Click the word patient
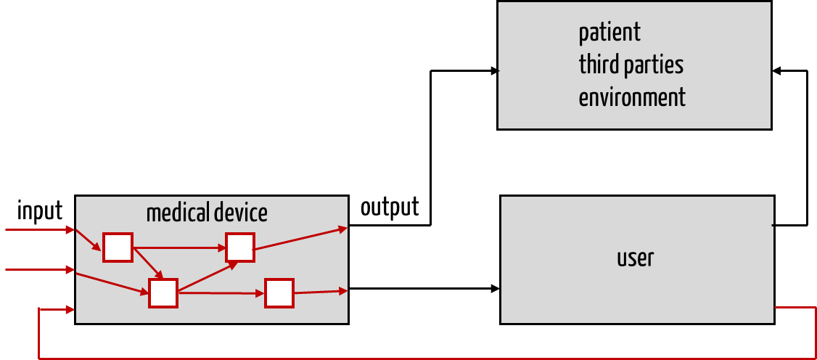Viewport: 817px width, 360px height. [609, 33]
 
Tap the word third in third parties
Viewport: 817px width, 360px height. [595, 65]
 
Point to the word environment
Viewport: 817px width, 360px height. [632, 97]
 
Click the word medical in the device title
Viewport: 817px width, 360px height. [178, 213]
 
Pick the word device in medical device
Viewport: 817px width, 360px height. [241, 213]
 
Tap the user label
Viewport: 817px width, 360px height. [635, 258]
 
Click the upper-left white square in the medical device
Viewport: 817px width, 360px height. [118, 247]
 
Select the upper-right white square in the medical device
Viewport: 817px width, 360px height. [239, 247]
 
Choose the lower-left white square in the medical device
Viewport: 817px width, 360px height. [163, 293]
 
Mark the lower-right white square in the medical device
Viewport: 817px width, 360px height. [279, 293]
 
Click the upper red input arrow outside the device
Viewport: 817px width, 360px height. [40, 231]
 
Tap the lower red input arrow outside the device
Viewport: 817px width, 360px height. [40, 270]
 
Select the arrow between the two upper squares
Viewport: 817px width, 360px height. [178, 247]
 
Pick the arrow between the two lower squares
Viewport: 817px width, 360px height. [221, 293]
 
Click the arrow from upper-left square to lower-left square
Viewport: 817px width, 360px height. [148, 263]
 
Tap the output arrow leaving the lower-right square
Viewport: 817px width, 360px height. [320, 292]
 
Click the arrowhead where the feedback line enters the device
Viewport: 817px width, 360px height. [71, 310]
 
